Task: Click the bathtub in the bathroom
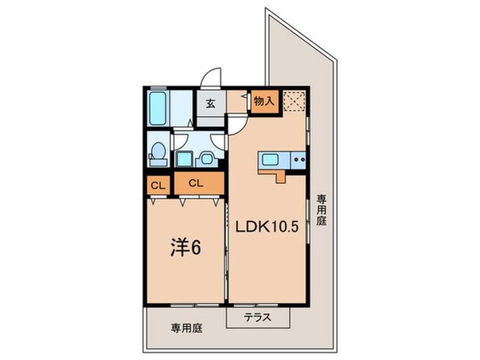coord(157,108)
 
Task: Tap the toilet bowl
coord(158,152)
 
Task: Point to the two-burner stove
coord(298,160)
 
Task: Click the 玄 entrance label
coord(210,103)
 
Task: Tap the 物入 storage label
coord(264,102)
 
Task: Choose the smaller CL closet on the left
coord(158,184)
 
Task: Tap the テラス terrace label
coord(258,318)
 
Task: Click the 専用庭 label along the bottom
coord(186,328)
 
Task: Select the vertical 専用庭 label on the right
coord(322,211)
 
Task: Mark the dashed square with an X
coord(295,101)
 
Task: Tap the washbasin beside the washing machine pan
coord(205,159)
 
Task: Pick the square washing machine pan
coord(184,158)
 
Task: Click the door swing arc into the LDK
coord(238,123)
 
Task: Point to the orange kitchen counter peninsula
coord(274,174)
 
